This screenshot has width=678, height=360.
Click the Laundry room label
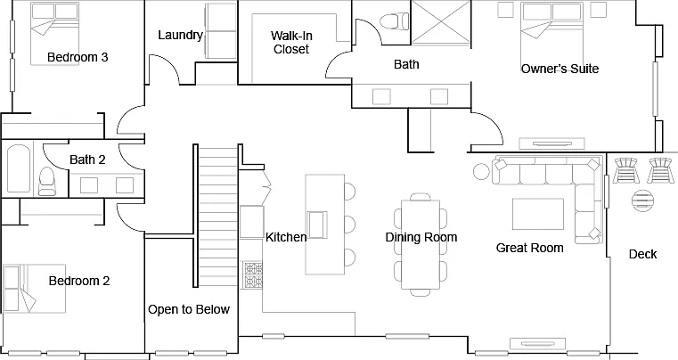[180, 35]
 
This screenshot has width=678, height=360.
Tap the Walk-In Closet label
[291, 43]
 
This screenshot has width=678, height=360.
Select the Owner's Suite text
[560, 69]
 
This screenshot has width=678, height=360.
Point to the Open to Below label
[189, 309]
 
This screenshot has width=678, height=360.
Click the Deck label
[642, 254]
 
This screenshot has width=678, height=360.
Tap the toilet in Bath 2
[46, 182]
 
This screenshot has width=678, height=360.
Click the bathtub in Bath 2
[19, 168]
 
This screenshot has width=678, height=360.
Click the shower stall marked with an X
[441, 22]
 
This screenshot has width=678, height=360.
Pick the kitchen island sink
[317, 225]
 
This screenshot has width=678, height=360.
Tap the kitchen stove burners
[254, 275]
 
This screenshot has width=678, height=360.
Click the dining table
[421, 244]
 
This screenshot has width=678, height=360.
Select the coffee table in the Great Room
[538, 214]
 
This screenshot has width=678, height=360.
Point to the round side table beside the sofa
[481, 171]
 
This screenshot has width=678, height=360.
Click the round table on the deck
[643, 200]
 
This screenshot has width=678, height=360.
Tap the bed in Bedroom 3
[54, 34]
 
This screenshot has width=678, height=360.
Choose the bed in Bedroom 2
[35, 289]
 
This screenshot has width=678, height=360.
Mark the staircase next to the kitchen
[217, 215]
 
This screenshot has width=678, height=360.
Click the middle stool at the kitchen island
[349, 225]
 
